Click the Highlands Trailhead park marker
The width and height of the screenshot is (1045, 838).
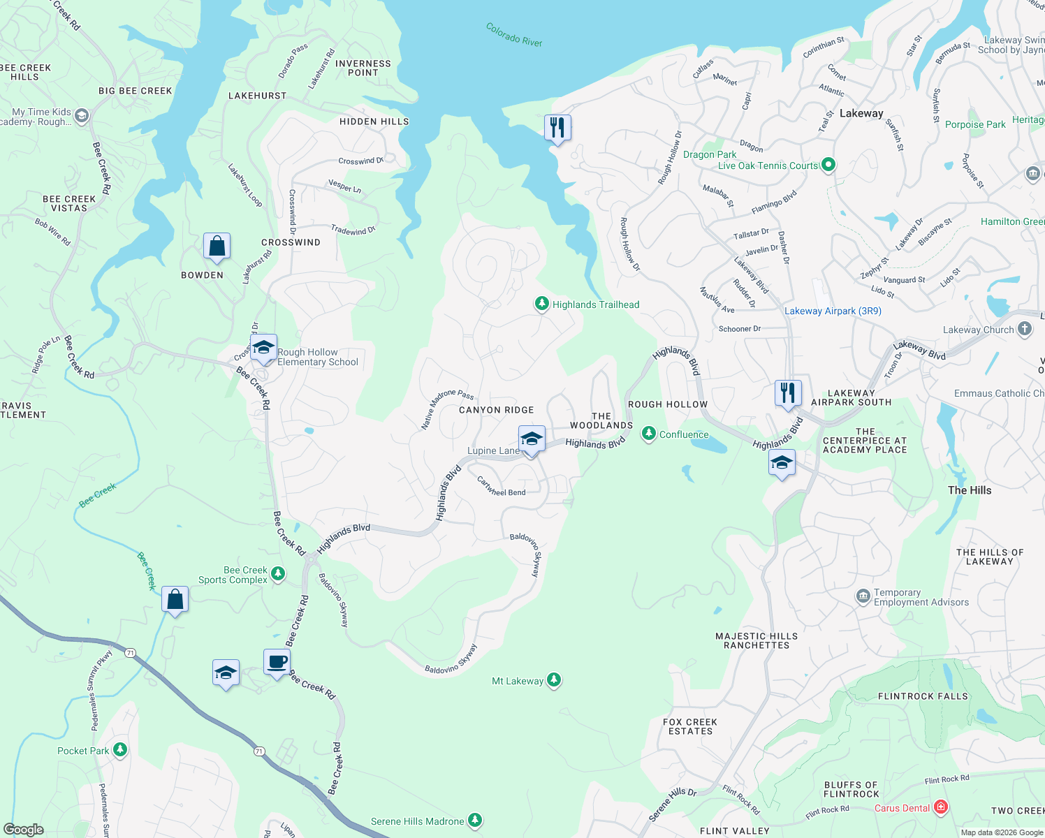(541, 304)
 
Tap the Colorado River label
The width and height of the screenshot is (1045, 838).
(514, 35)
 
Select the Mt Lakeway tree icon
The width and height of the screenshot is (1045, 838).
(554, 680)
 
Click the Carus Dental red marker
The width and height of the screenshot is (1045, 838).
(941, 807)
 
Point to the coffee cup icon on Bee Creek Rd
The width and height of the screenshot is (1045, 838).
(277, 661)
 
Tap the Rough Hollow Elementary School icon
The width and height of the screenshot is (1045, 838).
(264, 347)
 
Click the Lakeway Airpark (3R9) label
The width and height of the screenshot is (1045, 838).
(833, 311)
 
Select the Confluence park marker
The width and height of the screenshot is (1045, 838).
(649, 434)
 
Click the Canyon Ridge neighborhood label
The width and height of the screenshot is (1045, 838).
(496, 410)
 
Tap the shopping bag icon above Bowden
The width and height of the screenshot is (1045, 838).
(217, 247)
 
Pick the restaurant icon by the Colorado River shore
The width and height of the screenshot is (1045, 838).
(557, 128)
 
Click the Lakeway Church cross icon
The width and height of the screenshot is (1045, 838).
(1025, 329)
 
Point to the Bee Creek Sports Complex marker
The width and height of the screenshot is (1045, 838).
(278, 573)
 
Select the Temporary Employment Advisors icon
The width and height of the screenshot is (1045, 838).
(863, 596)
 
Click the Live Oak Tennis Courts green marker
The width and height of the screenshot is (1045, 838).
(828, 165)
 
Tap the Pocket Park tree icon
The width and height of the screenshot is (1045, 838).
(120, 750)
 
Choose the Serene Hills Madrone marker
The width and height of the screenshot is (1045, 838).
(475, 821)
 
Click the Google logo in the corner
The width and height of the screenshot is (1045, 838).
(23, 829)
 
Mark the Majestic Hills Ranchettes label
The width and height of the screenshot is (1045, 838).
(757, 640)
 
